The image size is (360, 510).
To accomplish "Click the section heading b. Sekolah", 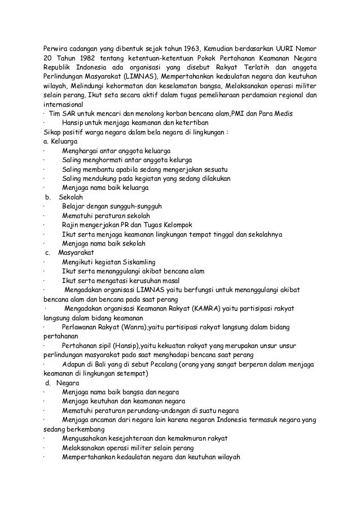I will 64,197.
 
